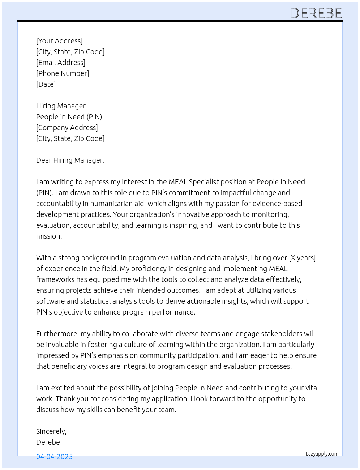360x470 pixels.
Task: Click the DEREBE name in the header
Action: (x=316, y=13)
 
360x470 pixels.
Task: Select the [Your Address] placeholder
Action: (x=59, y=41)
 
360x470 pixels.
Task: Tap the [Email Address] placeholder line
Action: (x=61, y=63)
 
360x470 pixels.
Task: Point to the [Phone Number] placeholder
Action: (x=63, y=73)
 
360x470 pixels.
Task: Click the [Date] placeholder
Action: (x=46, y=84)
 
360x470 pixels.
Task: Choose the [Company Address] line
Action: (x=67, y=128)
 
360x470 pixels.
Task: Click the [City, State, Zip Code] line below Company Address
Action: (x=70, y=138)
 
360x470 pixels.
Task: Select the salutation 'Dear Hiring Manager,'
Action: (x=70, y=160)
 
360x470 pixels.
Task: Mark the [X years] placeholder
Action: (x=302, y=258)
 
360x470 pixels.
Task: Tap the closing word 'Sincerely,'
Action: (x=51, y=431)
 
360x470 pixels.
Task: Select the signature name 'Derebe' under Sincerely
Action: (x=48, y=442)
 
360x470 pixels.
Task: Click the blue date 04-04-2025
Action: (x=54, y=457)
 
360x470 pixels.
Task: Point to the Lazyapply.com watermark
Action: (x=322, y=454)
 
